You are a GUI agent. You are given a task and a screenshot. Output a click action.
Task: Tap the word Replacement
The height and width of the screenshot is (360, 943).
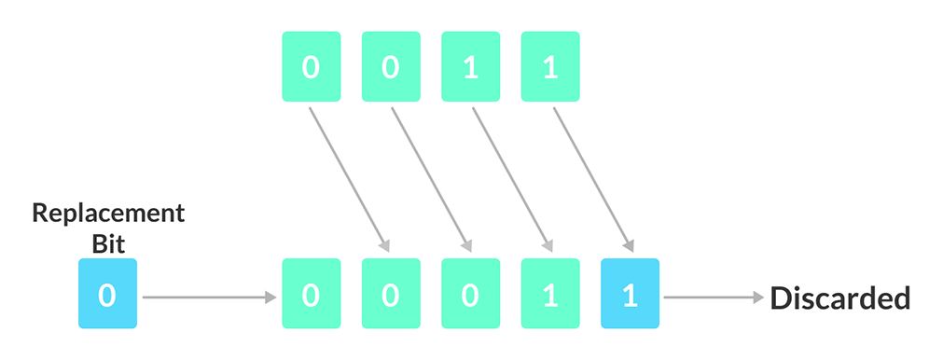coord(108,213)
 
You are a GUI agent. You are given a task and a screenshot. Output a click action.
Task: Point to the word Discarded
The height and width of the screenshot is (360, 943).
coord(839,298)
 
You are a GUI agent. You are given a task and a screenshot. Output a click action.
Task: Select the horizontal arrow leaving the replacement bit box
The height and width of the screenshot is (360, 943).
coord(210,298)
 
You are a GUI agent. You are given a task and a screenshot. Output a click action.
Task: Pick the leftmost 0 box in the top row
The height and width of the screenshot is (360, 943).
coord(311,68)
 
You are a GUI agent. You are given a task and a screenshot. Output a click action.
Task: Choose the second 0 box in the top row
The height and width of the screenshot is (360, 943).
coord(391,68)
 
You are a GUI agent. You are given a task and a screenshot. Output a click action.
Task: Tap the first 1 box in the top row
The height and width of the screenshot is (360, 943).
coord(470,68)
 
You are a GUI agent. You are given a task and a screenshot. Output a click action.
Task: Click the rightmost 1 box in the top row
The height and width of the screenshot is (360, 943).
coord(549,68)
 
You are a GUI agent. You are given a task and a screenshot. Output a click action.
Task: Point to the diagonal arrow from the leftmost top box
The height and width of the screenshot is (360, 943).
coord(347,178)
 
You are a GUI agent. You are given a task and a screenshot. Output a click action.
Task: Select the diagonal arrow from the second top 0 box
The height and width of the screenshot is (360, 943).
coord(427,178)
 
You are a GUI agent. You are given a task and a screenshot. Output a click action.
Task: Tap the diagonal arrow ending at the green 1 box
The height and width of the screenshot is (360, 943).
coord(509,178)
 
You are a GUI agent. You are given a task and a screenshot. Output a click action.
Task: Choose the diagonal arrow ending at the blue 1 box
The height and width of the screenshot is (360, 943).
coord(591,178)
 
